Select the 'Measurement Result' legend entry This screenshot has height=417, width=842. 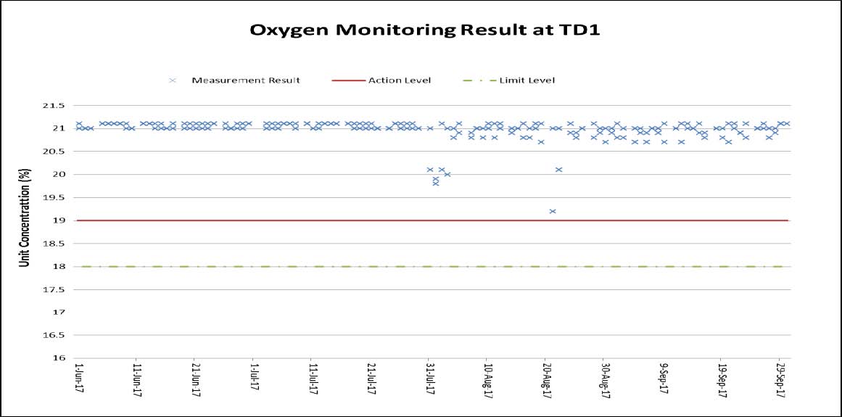245,80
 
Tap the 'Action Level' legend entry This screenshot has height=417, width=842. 400,80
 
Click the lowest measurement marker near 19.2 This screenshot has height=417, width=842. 553,211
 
